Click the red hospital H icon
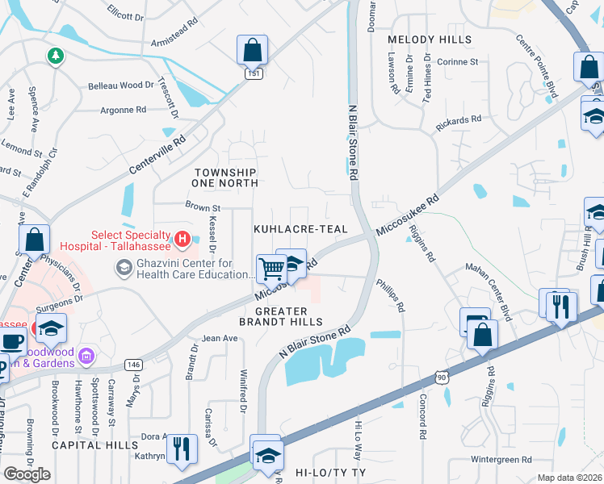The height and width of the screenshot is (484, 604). point(182,239)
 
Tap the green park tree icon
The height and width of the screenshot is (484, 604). point(55,56)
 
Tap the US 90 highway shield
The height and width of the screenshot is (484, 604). point(441,376)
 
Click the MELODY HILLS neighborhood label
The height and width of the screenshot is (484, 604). point(429,40)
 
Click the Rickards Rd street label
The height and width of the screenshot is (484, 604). point(458,119)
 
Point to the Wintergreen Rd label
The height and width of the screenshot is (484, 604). point(501,460)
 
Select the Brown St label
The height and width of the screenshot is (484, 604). point(203,207)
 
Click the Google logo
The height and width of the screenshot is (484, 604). point(27,474)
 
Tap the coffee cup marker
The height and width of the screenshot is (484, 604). point(11,342)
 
